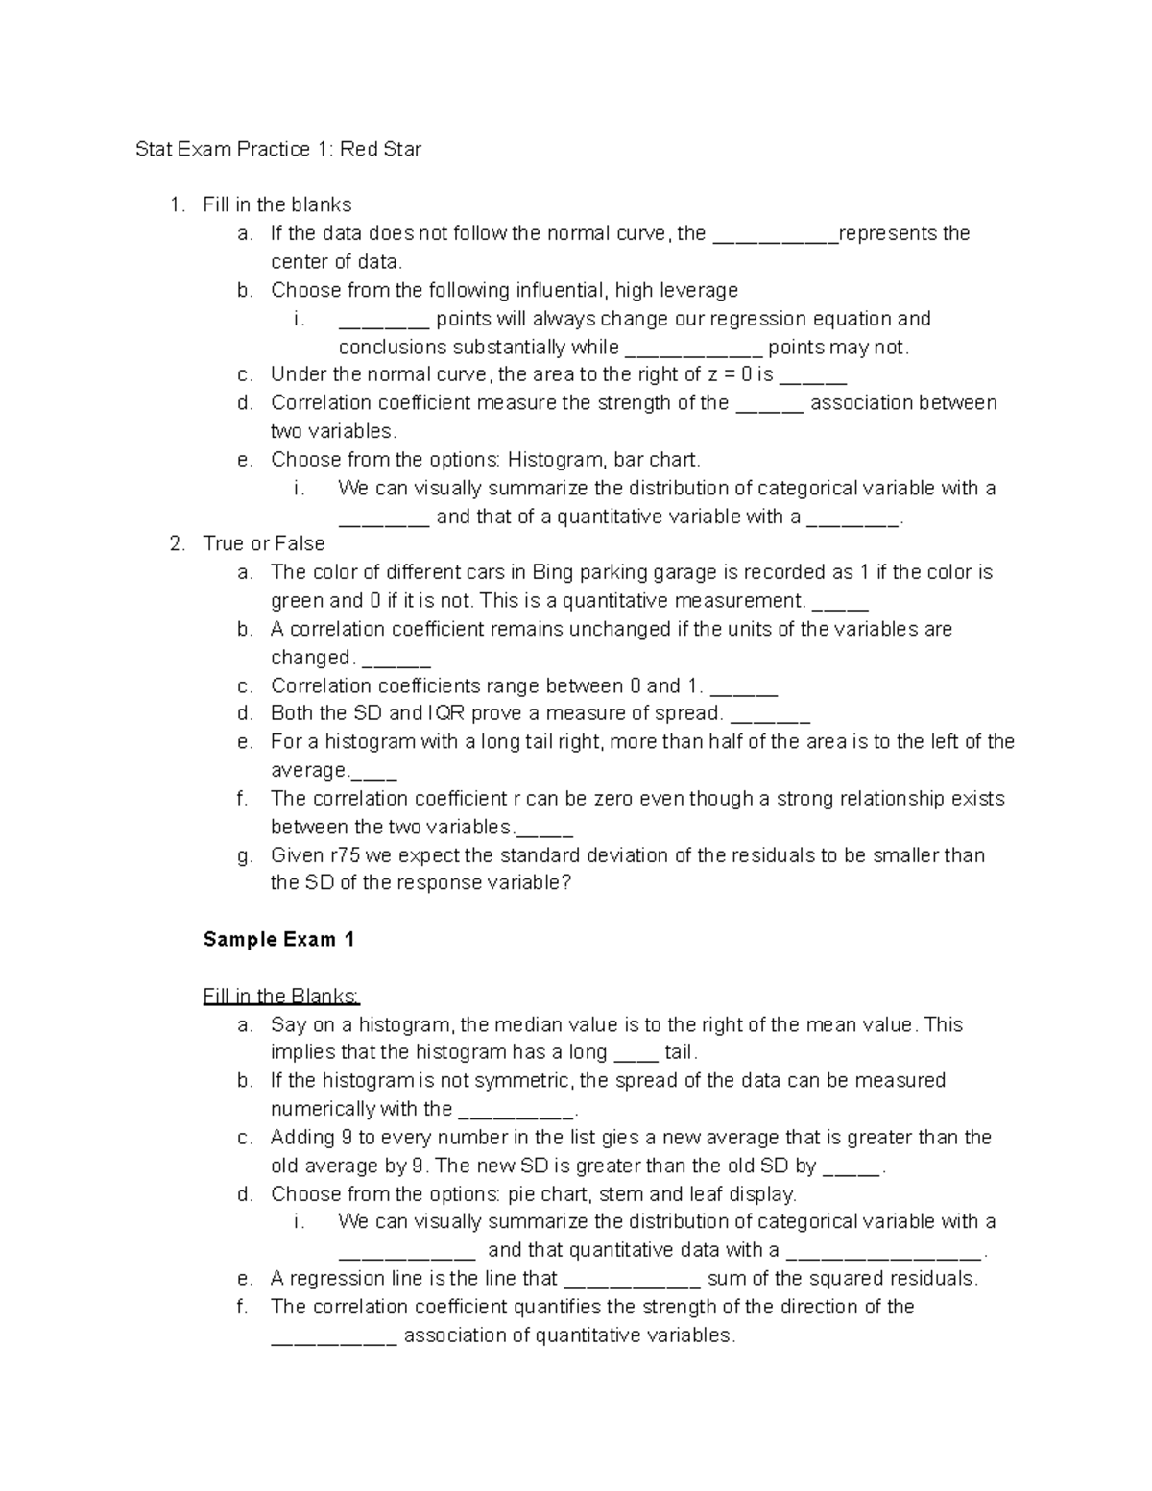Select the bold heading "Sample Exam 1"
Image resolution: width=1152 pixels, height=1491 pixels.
point(278,939)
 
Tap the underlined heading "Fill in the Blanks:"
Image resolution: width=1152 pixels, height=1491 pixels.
point(281,996)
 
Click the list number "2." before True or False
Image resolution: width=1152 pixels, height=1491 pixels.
point(177,543)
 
